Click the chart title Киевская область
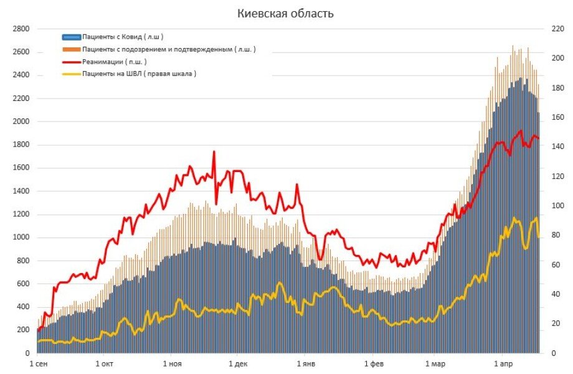pos(285,14)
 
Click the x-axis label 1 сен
pos(38,363)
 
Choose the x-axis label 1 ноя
pos(172,363)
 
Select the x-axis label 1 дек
pos(237,363)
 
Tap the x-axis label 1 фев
pos(372,363)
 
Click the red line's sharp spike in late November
pos(214,151)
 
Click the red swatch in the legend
pos(72,61)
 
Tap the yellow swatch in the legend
pos(72,74)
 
